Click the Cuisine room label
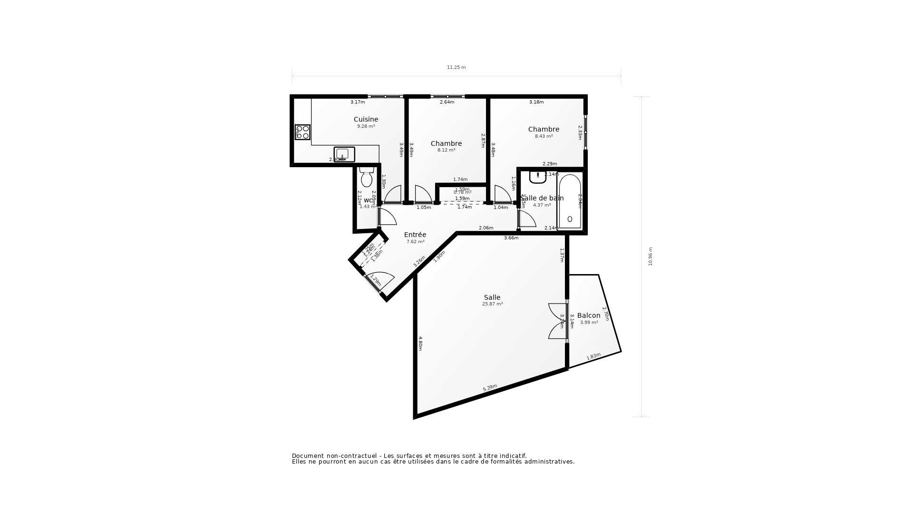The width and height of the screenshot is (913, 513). click(x=366, y=120)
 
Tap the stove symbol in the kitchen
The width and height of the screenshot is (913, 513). click(x=302, y=132)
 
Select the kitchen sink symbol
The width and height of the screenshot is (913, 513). click(x=344, y=154)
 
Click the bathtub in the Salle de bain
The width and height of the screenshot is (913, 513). click(x=570, y=202)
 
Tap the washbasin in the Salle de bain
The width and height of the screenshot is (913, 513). click(x=538, y=177)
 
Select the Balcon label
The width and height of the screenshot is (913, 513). click(x=589, y=315)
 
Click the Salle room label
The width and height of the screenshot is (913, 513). click(x=492, y=297)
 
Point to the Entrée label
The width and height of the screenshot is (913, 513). click(x=415, y=235)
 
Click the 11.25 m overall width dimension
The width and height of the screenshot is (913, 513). click(x=456, y=67)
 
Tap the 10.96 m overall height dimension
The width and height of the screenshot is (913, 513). click(x=651, y=256)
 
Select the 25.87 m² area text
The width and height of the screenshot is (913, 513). click(x=492, y=304)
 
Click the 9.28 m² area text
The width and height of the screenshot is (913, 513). click(x=366, y=126)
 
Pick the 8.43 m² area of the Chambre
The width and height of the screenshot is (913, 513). click(x=544, y=136)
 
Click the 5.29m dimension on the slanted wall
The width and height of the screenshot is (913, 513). click(x=490, y=388)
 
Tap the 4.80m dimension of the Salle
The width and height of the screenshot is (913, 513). click(x=420, y=343)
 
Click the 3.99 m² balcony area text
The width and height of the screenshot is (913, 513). click(x=589, y=323)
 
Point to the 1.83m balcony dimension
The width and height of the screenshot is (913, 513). click(x=593, y=356)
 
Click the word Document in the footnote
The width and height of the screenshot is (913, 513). click(x=307, y=456)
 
